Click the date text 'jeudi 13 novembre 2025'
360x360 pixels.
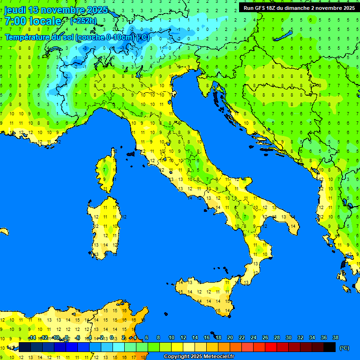pos(56,10)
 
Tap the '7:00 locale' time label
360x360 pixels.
pos(33,21)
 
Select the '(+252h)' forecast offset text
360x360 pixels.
pos(83,21)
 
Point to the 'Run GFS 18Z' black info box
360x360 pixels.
pos(298,7)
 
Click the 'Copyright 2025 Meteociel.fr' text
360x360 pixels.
pos(199,357)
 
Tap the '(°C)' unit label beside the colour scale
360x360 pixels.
pos(344,347)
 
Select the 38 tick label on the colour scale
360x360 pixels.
pos(336,338)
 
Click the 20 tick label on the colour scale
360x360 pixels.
pos(230,338)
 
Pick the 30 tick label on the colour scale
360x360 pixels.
pos(289,338)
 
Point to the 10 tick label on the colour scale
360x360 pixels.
pos(172,338)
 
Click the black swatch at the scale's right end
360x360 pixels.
pos(330,347)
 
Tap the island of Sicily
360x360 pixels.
pos(206,295)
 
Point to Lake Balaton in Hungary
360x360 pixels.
pos(285,36)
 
